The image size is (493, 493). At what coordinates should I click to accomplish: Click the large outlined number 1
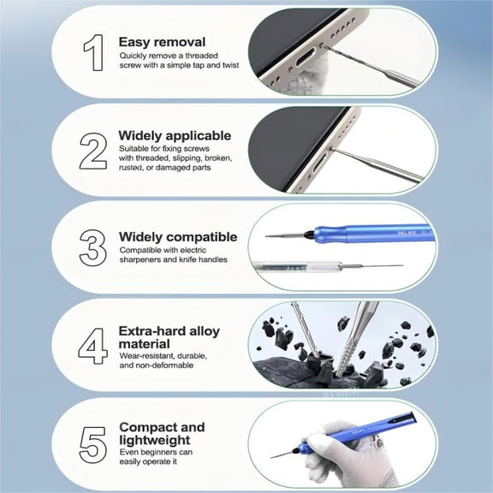point(94,52)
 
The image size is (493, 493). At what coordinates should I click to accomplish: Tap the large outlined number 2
point(93,151)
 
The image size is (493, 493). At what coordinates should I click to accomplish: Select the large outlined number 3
point(92,248)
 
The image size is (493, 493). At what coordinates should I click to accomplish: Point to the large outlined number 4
point(92,346)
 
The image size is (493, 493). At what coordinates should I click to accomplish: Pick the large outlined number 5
point(92,444)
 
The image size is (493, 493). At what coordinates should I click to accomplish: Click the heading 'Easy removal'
point(162,42)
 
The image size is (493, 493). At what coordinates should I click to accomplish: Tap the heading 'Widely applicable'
point(175,136)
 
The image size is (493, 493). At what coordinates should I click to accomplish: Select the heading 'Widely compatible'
point(178,237)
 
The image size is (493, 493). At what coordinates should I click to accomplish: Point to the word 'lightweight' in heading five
point(155,440)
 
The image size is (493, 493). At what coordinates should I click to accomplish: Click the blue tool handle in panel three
point(371,234)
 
